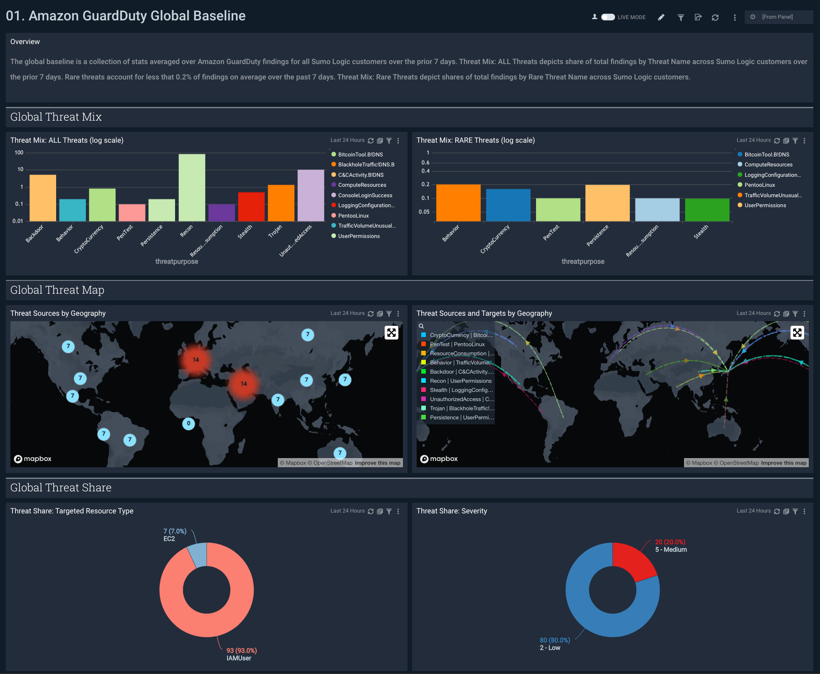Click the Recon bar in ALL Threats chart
point(192,187)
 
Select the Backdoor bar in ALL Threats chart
point(43,198)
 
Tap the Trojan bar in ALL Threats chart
point(281,203)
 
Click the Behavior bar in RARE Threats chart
point(458,202)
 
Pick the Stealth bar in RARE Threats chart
point(707,209)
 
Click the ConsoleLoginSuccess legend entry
point(365,196)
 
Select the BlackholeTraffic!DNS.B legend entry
point(366,165)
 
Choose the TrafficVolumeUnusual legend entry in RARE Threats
point(772,196)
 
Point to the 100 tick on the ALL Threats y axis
point(19,153)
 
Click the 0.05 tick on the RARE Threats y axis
point(424,212)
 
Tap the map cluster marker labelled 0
point(188,424)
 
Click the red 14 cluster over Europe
point(196,359)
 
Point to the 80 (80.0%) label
point(555,640)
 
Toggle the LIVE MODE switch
point(608,17)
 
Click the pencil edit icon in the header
point(661,17)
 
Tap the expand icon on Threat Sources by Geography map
point(391,333)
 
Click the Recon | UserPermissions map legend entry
point(460,381)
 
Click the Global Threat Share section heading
point(61,488)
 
